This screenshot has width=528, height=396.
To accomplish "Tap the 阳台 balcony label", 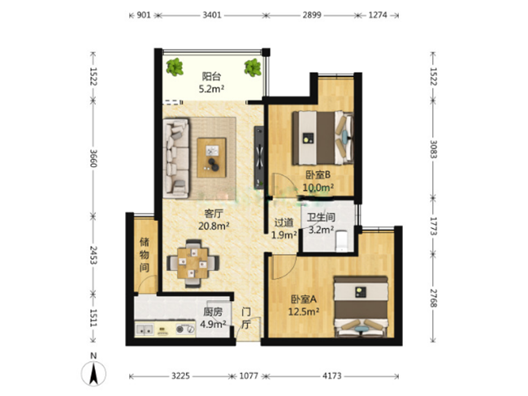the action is click(x=211, y=76).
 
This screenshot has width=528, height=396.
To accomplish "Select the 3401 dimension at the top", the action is click(x=212, y=15).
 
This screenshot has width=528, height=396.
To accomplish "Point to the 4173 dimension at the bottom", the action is click(x=332, y=376).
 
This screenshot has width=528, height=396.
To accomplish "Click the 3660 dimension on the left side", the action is click(x=93, y=157).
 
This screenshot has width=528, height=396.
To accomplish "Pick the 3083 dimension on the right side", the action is click(x=434, y=148).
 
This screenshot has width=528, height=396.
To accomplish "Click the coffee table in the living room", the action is click(x=211, y=157).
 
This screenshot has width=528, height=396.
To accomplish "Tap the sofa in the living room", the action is click(x=176, y=157).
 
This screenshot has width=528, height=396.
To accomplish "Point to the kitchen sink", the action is click(x=145, y=329).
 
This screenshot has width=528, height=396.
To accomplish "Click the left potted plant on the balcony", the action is click(x=175, y=67).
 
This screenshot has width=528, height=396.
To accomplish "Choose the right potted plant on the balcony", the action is click(x=253, y=67).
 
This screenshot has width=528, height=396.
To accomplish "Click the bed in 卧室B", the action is click(x=322, y=138).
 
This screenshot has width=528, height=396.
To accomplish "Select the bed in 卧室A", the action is click(x=361, y=306).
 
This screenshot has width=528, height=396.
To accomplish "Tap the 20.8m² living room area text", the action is click(x=214, y=226).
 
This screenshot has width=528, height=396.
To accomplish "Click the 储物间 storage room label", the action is click(x=145, y=255).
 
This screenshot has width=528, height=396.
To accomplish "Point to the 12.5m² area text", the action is click(x=304, y=312).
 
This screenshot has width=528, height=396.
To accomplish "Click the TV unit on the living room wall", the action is click(x=259, y=157).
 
